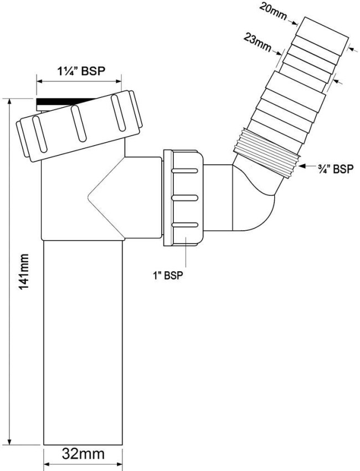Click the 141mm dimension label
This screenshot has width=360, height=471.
tap(23, 272)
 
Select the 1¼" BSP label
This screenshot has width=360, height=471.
tap(81, 71)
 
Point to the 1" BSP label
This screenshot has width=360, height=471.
tap(168, 276)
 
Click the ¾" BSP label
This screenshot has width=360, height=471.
tap(336, 169)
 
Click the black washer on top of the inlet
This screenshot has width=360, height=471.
tap(65, 103)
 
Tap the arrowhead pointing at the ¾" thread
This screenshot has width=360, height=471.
tap(303, 165)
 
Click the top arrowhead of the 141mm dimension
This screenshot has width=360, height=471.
tap(10, 102)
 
